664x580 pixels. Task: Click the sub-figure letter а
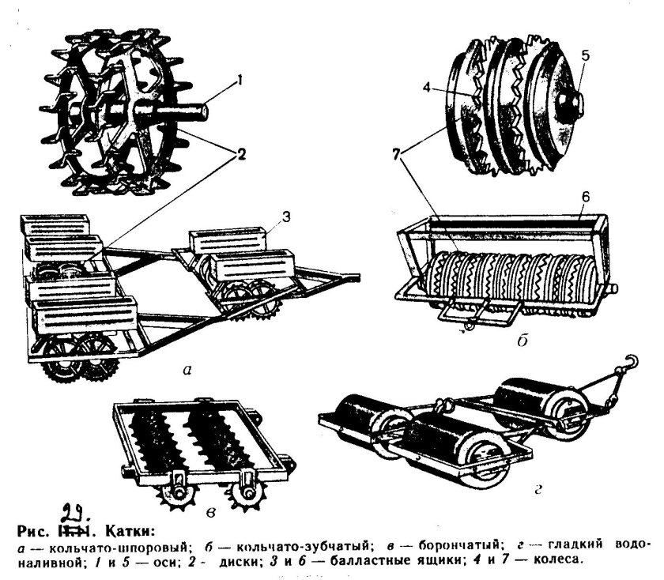coord(184,368)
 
